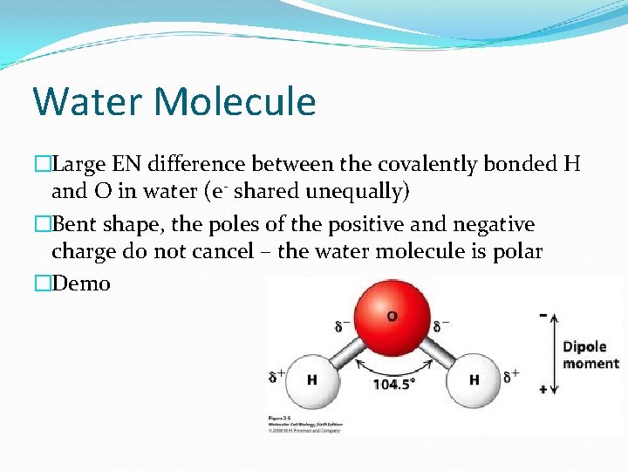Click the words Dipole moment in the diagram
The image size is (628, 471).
click(x=590, y=355)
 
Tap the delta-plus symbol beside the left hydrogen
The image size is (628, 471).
click(x=277, y=378)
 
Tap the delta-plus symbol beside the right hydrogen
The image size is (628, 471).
click(x=511, y=376)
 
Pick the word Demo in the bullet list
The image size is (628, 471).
click(x=81, y=283)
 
